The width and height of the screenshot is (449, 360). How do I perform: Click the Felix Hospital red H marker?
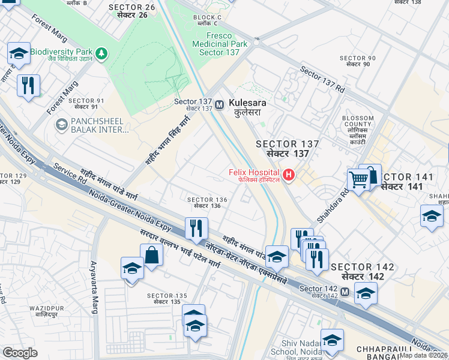pos(289,175)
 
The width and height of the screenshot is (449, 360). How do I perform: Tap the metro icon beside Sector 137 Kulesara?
pos(220,103)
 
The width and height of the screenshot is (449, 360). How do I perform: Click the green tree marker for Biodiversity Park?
pos(102,53)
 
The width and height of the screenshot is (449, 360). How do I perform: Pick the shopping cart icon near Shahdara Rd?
pos(358,179)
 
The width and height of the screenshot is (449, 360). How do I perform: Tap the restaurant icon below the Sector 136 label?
pos(196,229)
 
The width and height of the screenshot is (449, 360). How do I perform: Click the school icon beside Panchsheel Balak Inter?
pos(61,124)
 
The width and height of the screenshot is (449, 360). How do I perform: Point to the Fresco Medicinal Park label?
pos(220,44)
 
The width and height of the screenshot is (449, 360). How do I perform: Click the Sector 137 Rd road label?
pos(322,80)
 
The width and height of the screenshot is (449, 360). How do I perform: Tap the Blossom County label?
pos(358,128)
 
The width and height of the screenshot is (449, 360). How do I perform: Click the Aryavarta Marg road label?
pos(94,287)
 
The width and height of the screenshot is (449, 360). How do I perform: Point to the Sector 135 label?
pos(167,298)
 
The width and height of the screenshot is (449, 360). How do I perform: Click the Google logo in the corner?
pos(20,352)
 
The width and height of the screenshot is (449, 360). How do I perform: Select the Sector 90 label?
pos(358,61)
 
